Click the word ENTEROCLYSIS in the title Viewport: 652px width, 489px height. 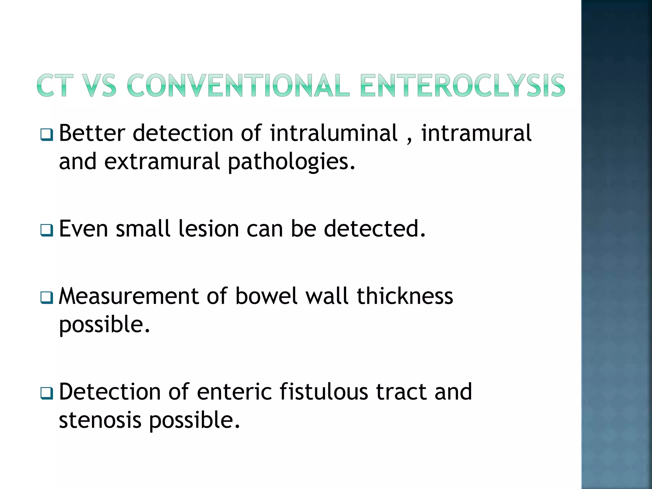tap(463, 85)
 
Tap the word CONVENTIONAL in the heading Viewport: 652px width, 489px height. tap(238, 85)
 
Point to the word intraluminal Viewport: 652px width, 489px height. tap(334, 133)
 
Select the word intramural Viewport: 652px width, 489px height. tap(476, 133)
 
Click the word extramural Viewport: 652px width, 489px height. tap(162, 161)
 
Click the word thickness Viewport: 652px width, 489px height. tap(405, 296)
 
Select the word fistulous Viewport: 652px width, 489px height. tap(324, 392)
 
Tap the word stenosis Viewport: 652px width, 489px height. tap(100, 420)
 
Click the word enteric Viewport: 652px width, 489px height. tap(235, 392)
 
